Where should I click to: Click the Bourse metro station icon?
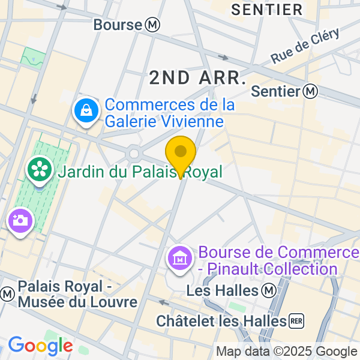[x=152, y=25]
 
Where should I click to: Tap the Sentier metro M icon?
[x=310, y=91]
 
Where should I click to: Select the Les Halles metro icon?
[x=269, y=290]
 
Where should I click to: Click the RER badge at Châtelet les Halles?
[x=296, y=321]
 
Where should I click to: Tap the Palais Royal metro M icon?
[x=7, y=294]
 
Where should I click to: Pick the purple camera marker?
[x=20, y=220]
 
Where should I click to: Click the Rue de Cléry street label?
[x=305, y=46]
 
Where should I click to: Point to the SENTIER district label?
[x=267, y=10]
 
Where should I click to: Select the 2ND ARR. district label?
[x=197, y=77]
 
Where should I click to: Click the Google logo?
[x=40, y=346]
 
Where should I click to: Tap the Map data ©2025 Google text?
[x=287, y=352]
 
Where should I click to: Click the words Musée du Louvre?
[x=77, y=301]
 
